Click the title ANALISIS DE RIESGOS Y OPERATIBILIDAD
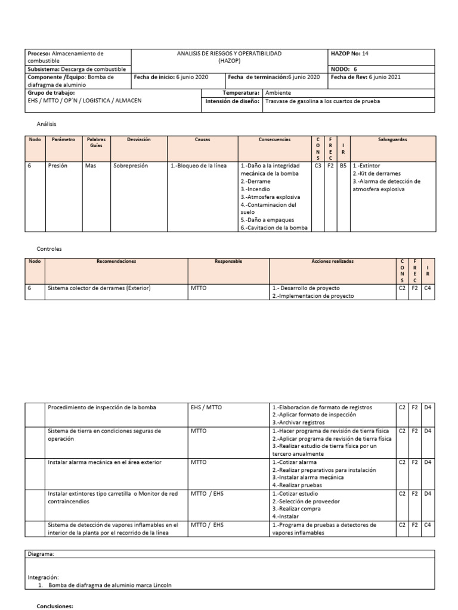point(230,54)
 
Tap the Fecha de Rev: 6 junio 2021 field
point(365,77)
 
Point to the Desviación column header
point(138,139)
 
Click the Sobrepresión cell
point(130,166)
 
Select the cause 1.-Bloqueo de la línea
point(199,166)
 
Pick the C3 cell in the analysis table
point(318,166)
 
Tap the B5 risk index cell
point(343,166)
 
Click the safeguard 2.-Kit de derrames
point(376,173)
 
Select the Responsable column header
point(228,261)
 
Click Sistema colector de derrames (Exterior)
point(99,288)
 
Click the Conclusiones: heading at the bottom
point(55,606)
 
